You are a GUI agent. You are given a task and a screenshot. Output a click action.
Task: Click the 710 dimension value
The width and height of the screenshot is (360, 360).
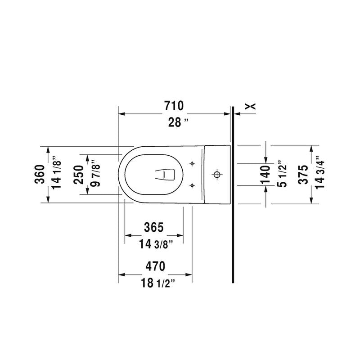coord(174,106)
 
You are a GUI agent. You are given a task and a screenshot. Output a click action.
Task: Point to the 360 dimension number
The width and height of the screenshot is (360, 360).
coord(40,174)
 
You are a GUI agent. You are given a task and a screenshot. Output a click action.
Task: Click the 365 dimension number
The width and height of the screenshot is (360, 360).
coord(154,227)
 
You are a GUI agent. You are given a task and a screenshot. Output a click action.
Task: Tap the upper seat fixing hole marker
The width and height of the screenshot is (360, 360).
coord(192,163)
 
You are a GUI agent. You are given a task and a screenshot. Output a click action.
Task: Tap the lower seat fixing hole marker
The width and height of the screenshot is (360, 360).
coord(192,184)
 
